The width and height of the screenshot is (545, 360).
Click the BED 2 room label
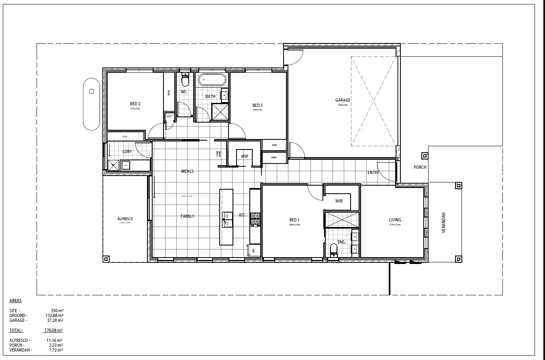click(135, 104)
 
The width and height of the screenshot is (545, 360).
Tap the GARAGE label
click(343, 100)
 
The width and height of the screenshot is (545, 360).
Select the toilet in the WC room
click(185, 82)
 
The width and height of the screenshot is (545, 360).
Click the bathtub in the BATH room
click(212, 80)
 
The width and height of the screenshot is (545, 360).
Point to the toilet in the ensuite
click(333, 250)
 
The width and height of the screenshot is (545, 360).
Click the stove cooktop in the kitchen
click(255, 219)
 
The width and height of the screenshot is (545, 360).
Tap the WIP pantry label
click(245, 156)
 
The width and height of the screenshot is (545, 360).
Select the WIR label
click(339, 201)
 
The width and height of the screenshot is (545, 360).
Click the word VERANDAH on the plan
click(444, 223)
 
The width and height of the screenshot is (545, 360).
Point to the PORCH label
click(420, 167)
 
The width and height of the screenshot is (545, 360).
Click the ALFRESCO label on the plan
click(125, 219)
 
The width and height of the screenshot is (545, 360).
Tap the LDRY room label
click(127, 151)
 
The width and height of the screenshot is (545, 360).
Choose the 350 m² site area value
click(57, 311)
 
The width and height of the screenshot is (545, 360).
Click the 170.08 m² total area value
click(53, 330)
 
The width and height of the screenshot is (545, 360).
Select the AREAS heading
click(15, 301)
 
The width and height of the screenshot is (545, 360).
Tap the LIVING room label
click(395, 220)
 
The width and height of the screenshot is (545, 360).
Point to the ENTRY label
click(373, 172)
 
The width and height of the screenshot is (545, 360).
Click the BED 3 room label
click(257, 105)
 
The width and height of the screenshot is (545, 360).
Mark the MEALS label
click(187, 171)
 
